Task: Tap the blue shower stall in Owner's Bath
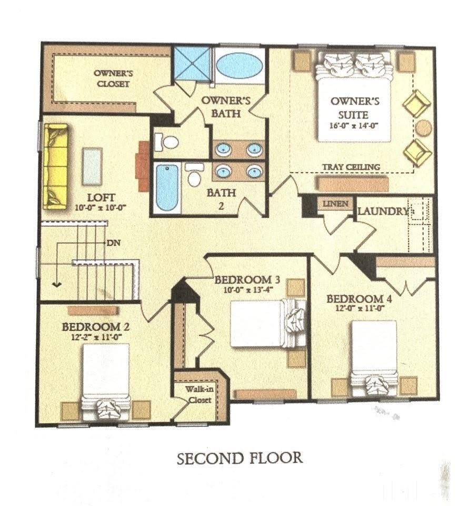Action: (193, 64)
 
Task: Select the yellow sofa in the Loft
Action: (56, 167)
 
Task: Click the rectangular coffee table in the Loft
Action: (93, 167)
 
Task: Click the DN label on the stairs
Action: (113, 242)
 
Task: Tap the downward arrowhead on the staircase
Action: (57, 284)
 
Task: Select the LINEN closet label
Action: (335, 203)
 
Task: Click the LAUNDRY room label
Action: (382, 211)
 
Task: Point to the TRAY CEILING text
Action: (351, 167)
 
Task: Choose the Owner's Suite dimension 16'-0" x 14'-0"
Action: (353, 125)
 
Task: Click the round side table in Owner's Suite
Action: (423, 128)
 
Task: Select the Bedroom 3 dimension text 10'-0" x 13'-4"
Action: (248, 289)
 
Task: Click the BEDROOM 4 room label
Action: (359, 299)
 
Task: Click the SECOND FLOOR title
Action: (240, 458)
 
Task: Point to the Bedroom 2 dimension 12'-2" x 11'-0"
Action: (95, 337)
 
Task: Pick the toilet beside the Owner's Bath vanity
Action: (167, 142)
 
